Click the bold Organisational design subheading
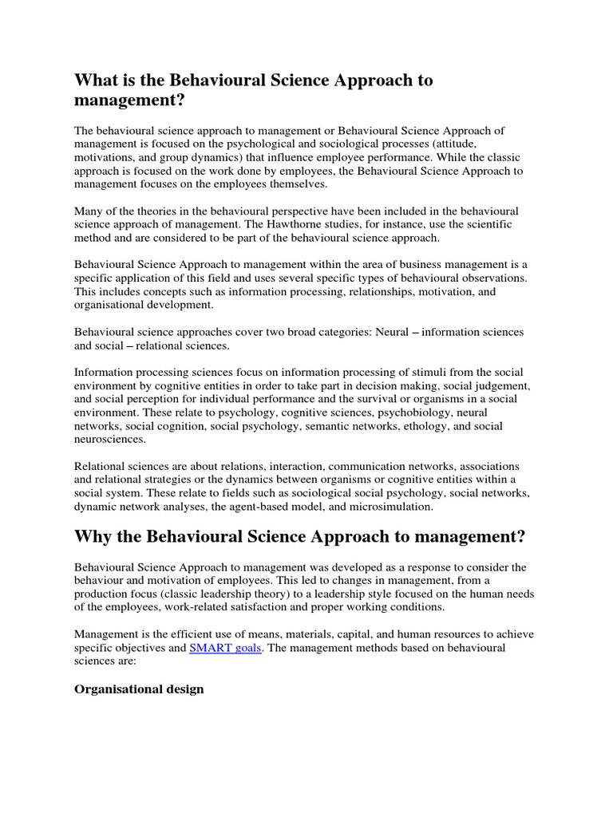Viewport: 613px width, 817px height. tap(139, 689)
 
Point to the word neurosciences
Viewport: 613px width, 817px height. tap(110, 439)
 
